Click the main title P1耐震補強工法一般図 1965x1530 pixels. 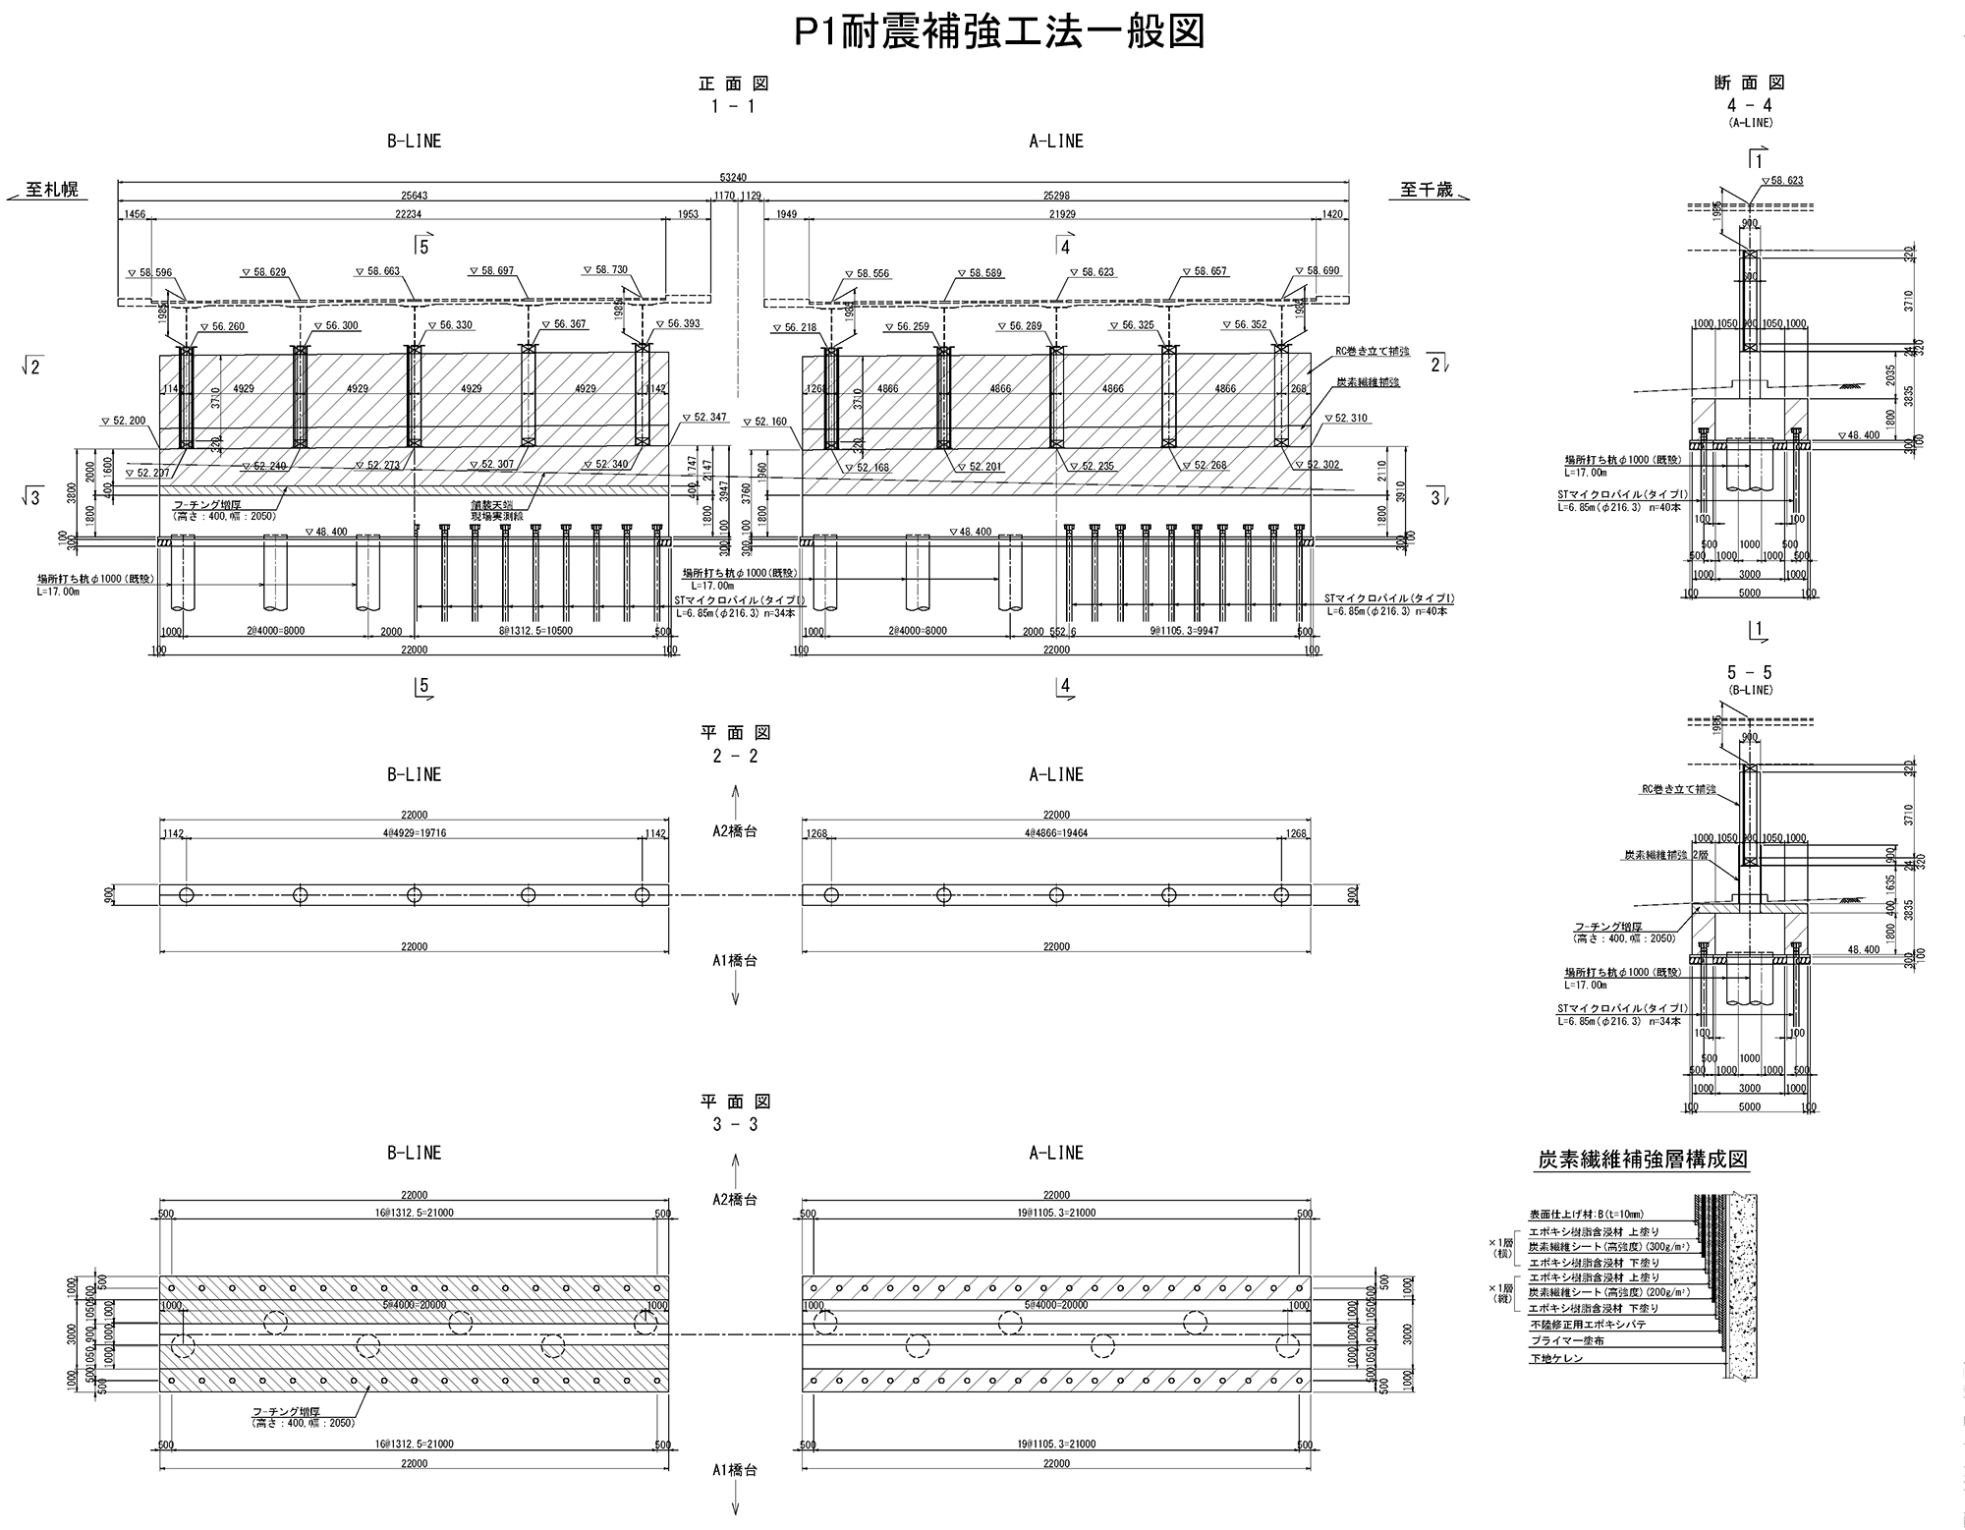[999, 33]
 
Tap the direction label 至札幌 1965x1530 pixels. [53, 191]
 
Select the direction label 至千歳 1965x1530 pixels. [1426, 191]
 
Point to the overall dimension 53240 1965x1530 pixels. [732, 177]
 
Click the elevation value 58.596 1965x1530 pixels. [154, 272]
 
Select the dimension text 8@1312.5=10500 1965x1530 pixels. [534, 631]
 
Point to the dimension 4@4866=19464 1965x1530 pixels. [1056, 833]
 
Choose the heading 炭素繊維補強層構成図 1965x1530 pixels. [1643, 1160]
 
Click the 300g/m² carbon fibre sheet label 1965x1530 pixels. [1608, 1246]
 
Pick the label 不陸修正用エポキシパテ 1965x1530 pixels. [1588, 1325]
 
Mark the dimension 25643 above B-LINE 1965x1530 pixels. [414, 196]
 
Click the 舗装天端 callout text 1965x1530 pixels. [491, 504]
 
